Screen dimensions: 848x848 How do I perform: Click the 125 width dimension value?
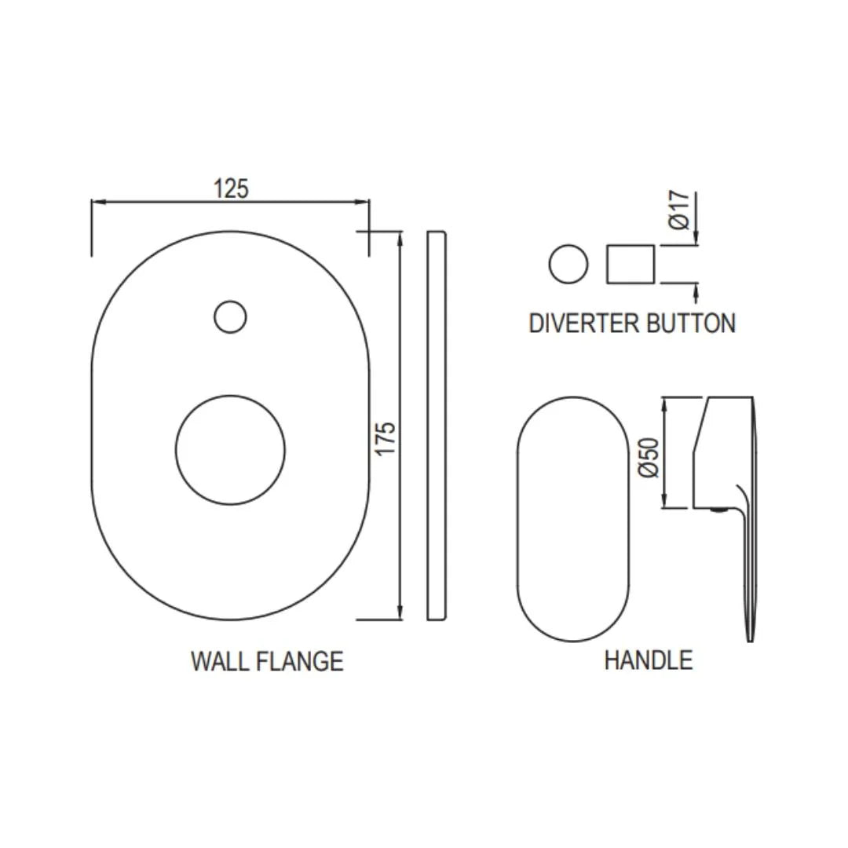pos(231,189)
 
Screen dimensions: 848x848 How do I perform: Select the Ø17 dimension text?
pos(681,210)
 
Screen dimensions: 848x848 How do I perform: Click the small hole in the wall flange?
pos(230,316)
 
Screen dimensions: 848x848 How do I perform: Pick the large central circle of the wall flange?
pos(230,450)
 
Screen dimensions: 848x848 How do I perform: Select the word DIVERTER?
pos(582,323)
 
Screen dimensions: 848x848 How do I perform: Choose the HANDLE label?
pos(648,660)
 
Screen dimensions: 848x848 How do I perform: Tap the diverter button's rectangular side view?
pos(631,264)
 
